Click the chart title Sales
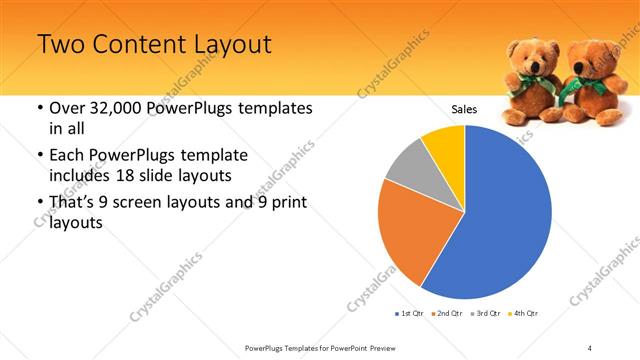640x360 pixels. tap(464, 108)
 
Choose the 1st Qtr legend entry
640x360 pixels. tap(410, 314)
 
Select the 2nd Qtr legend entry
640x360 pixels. tap(446, 314)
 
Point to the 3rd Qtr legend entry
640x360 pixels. tap(483, 314)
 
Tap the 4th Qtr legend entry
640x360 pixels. tap(521, 314)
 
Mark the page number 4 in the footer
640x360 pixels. tap(589, 347)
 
